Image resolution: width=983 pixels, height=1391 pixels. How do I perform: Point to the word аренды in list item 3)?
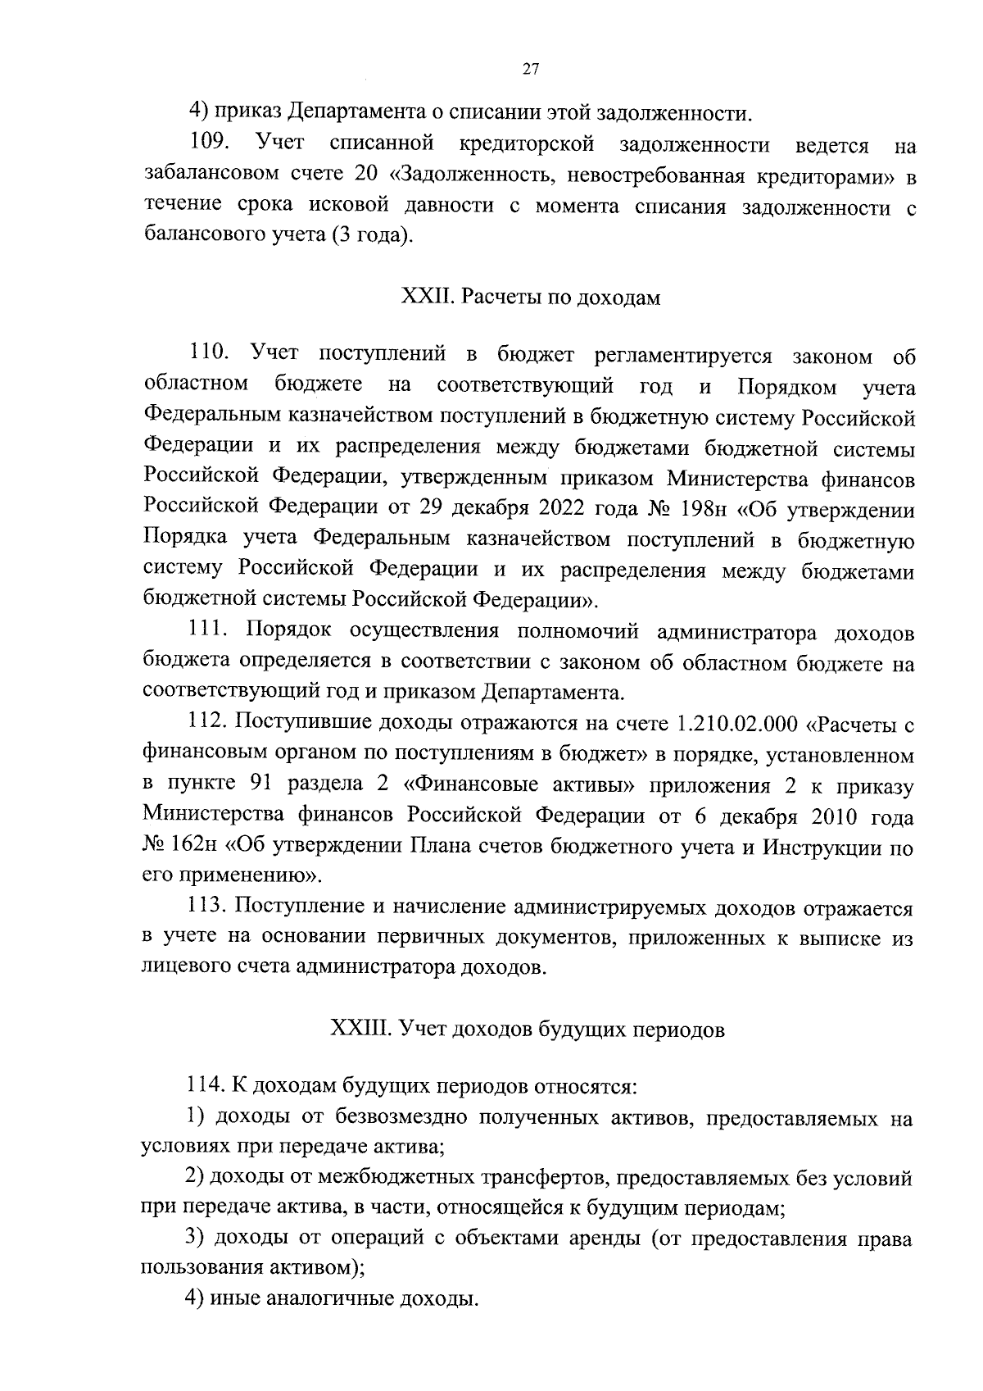(x=605, y=1239)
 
